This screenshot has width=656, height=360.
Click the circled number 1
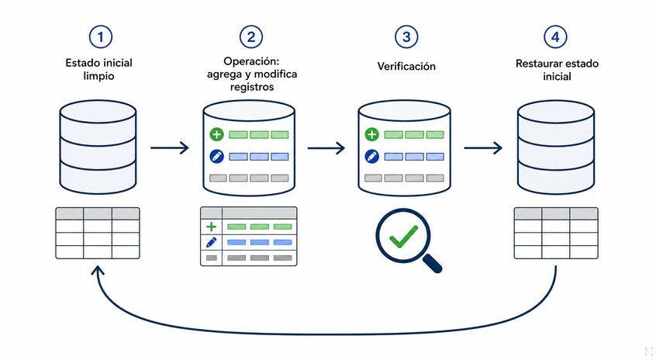(x=100, y=36)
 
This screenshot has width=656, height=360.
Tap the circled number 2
(x=251, y=36)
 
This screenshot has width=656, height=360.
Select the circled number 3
(x=406, y=36)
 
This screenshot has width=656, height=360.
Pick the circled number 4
(x=555, y=36)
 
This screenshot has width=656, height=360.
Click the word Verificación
(x=406, y=66)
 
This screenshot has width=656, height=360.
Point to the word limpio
(x=98, y=76)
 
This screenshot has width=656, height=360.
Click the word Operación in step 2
(x=251, y=61)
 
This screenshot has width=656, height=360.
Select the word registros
(x=252, y=87)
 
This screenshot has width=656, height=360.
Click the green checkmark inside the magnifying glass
(x=403, y=237)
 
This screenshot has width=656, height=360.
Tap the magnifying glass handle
(x=433, y=263)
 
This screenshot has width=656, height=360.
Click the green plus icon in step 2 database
(x=216, y=134)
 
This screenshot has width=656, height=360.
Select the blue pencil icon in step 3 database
(x=371, y=157)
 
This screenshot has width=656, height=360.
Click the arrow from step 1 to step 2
(x=170, y=147)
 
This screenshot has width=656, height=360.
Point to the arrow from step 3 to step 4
(x=483, y=147)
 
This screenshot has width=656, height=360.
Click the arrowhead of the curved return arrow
(x=98, y=270)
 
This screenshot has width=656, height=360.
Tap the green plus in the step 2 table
(x=211, y=227)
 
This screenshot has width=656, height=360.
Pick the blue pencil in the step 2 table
(x=211, y=242)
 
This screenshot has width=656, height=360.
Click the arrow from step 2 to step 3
(x=326, y=147)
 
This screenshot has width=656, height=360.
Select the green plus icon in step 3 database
(x=371, y=134)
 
